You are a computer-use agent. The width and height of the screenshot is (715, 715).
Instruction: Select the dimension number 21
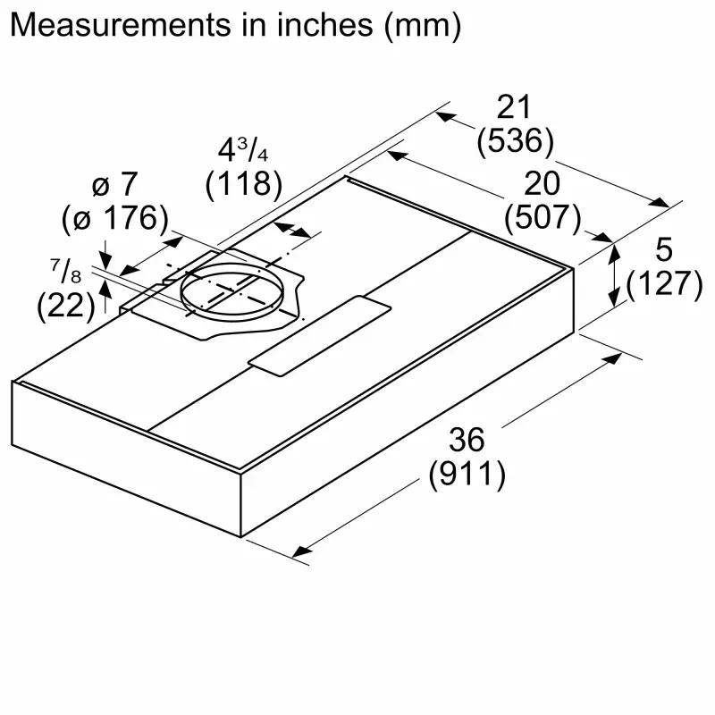(x=514, y=109)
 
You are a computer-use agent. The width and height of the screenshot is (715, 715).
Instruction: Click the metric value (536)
(x=516, y=141)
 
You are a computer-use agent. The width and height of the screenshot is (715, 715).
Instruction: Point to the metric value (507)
(x=543, y=216)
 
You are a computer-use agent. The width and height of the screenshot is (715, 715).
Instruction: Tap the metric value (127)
(x=664, y=284)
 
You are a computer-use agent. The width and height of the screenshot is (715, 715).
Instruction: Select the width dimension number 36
(x=467, y=440)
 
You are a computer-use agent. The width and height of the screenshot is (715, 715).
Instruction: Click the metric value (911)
(x=467, y=474)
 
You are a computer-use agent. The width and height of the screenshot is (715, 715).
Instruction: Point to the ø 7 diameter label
(x=116, y=185)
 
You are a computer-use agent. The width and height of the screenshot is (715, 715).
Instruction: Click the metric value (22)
(x=66, y=306)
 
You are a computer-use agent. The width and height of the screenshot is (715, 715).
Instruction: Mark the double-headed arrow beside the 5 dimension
(x=615, y=276)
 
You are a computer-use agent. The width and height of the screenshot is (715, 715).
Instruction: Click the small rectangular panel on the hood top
(x=321, y=332)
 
